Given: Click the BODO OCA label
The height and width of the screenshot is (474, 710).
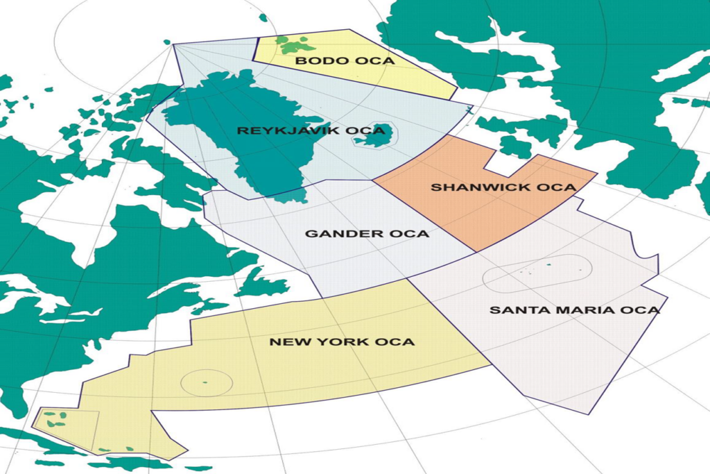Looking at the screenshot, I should pyautogui.click(x=345, y=61).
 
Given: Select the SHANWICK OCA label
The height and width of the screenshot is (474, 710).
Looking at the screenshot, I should pyautogui.click(x=503, y=187).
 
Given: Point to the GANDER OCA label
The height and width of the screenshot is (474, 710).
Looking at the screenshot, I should pyautogui.click(x=367, y=234).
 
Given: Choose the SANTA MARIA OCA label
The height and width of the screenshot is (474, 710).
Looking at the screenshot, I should pyautogui.click(x=574, y=310).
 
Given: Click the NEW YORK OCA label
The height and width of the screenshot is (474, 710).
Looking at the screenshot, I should pyautogui.click(x=342, y=342).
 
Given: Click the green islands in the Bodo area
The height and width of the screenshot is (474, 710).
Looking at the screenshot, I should pyautogui.click(x=293, y=46).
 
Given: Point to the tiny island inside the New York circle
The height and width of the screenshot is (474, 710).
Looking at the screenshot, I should pyautogui.click(x=205, y=382).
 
